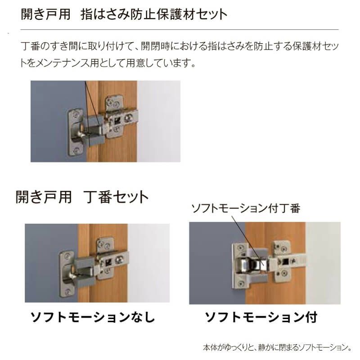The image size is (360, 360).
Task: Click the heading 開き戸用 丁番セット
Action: [x=82, y=197]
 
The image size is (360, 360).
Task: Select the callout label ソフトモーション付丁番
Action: [x=246, y=208]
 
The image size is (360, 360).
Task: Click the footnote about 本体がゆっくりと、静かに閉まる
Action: [x=277, y=347]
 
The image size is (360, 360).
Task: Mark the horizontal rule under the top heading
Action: [x=180, y=30]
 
